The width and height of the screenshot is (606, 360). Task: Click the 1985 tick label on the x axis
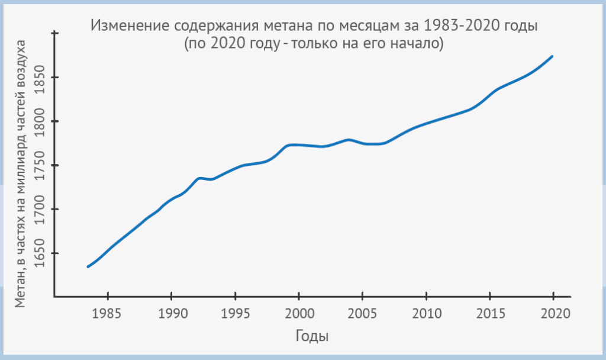point(107,312)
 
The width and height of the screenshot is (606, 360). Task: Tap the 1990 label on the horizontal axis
point(171,312)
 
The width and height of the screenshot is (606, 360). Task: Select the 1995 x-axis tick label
point(235,312)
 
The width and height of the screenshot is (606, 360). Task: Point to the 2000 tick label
point(299,312)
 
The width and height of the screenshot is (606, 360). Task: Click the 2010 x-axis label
point(426,312)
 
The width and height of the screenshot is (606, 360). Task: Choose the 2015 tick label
point(490,312)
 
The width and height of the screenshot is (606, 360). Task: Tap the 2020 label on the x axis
point(553,312)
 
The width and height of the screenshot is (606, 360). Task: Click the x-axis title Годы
point(312,336)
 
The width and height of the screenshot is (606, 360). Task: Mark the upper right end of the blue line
point(552,57)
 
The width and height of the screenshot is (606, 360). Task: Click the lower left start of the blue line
point(88,266)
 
